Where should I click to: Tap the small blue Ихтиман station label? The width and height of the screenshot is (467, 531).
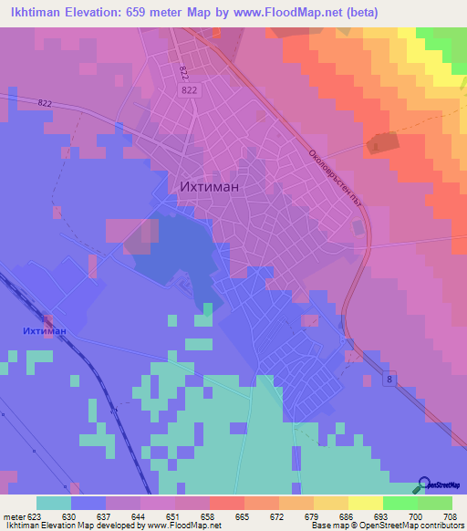(x=45, y=330)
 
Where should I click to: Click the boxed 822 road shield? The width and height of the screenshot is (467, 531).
(x=189, y=90)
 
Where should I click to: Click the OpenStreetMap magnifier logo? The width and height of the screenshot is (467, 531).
(x=425, y=484)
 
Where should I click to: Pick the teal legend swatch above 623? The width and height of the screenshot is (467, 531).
(x=54, y=503)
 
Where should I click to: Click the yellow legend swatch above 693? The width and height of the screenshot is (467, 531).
(x=366, y=503)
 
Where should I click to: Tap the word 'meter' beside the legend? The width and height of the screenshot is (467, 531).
(x=15, y=515)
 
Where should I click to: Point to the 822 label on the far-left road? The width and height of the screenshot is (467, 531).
(x=45, y=103)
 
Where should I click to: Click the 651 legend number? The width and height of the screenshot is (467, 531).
(x=170, y=515)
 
